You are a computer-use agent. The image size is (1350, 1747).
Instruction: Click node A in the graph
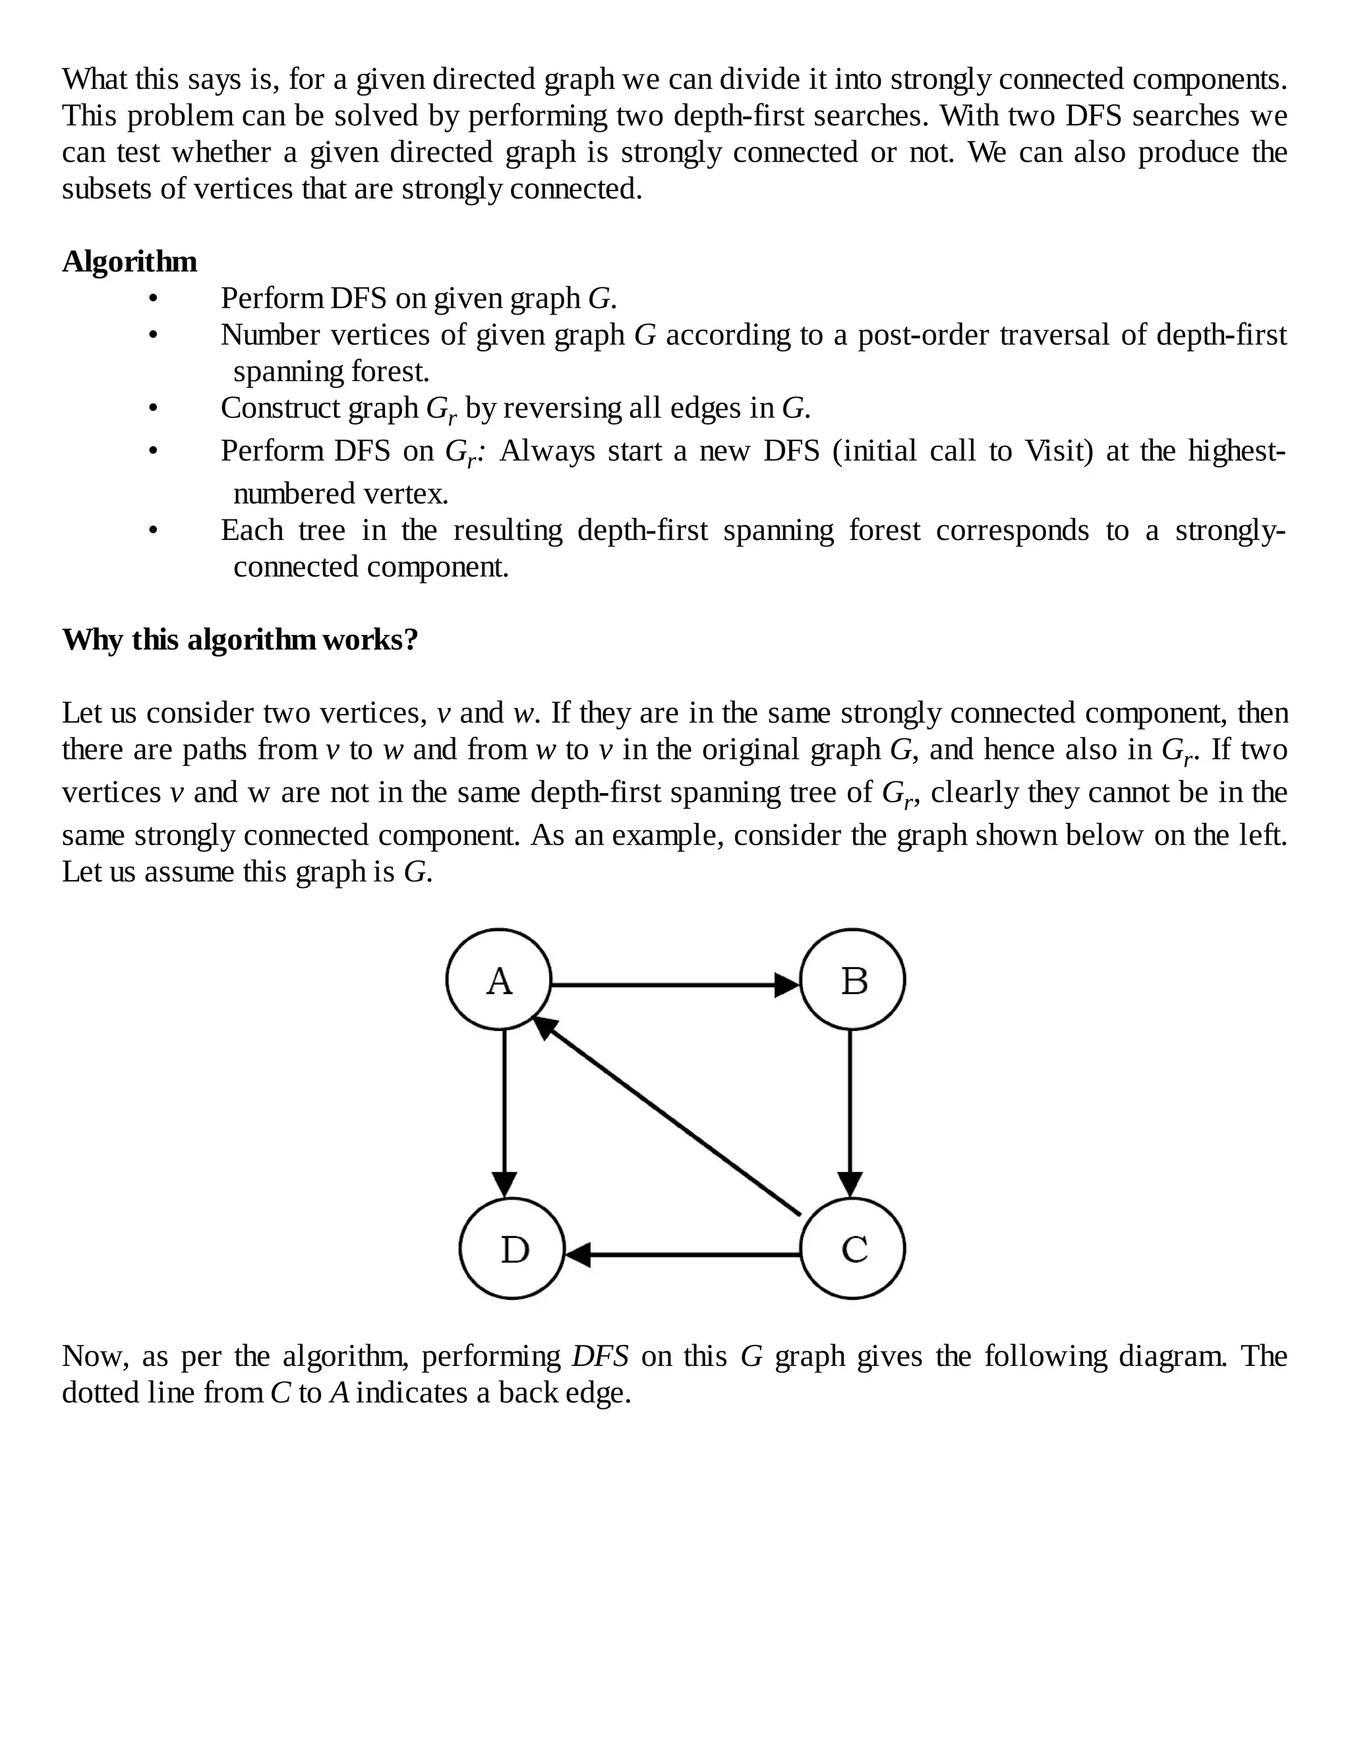(x=499, y=980)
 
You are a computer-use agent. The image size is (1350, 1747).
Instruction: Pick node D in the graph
(x=512, y=1249)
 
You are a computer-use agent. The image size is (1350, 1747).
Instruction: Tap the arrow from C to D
(x=684, y=1255)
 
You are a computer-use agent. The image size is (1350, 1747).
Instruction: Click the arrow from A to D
(x=504, y=1112)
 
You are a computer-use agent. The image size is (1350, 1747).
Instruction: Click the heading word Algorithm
(x=130, y=262)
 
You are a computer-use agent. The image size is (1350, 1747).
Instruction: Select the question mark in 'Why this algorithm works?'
(x=411, y=640)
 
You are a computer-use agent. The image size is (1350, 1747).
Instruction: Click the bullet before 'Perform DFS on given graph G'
(x=153, y=299)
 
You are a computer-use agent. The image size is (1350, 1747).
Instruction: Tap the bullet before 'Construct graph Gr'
(x=153, y=409)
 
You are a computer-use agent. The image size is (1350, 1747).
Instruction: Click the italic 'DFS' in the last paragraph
(x=600, y=1356)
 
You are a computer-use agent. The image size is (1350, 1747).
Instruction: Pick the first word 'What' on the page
(x=94, y=79)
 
